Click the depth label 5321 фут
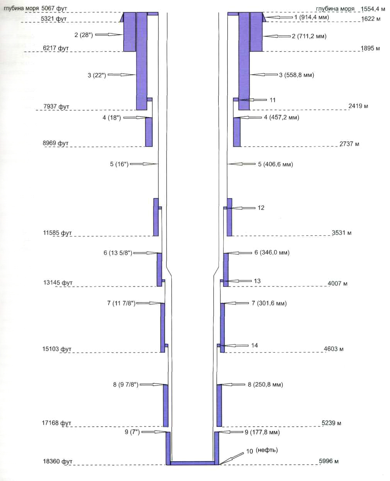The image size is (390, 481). click(54, 19)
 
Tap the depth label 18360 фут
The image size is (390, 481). click(58, 462)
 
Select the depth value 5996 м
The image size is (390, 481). click(329, 461)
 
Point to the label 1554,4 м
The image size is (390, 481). click(373, 9)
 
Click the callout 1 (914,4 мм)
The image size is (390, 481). click(312, 17)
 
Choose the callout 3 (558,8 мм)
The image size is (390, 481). click(296, 75)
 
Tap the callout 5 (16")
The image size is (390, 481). click(119, 164)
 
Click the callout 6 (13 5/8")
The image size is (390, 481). click(118, 253)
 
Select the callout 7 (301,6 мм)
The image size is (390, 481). click(269, 303)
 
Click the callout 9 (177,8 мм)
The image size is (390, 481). click(262, 432)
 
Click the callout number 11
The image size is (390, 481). click(272, 100)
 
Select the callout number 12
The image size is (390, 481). click(261, 208)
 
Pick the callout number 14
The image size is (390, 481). click(254, 345)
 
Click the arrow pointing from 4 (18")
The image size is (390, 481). click(134, 118)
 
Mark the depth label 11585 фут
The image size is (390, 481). click(58, 233)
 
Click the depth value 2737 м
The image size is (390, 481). click(349, 144)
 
